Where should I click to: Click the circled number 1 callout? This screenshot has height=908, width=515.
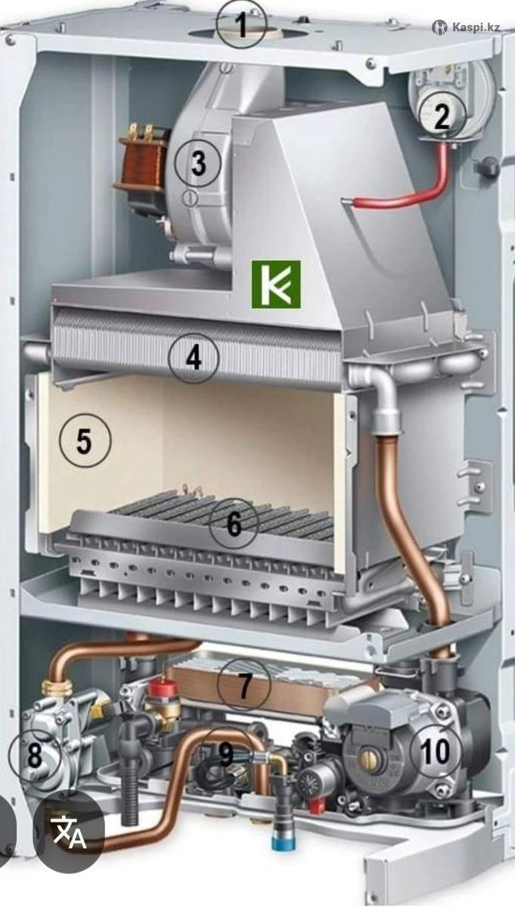coord(241,26)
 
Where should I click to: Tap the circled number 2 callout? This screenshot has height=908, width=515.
coord(442,115)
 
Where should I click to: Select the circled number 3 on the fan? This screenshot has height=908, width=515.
coord(197,163)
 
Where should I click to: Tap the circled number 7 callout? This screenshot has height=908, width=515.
coord(244,684)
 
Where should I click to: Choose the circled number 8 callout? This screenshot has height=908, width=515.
coord(35,755)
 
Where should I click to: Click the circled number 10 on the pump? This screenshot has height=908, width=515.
coord(436,751)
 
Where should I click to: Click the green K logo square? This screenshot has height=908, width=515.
coord(276,285)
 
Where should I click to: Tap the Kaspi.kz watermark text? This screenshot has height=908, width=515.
coord(476,27)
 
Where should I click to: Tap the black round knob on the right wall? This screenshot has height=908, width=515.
coord(488,166)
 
